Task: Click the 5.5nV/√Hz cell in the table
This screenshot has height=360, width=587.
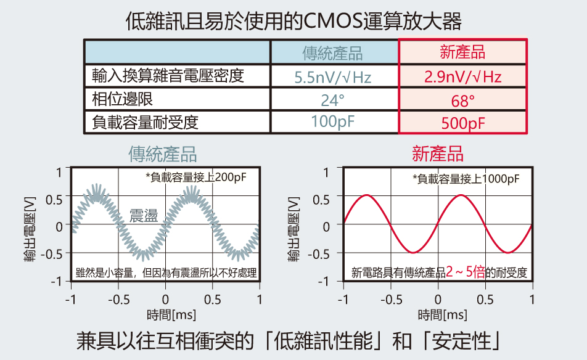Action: click(x=333, y=77)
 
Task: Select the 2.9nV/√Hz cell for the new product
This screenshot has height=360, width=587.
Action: click(x=462, y=77)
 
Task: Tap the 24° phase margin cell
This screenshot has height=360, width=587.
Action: click(x=333, y=100)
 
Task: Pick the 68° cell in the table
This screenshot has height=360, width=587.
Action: click(x=462, y=100)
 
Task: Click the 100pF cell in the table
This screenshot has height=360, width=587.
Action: click(x=333, y=122)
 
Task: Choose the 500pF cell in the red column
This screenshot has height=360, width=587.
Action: click(x=462, y=123)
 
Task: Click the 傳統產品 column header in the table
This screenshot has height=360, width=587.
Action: click(x=333, y=53)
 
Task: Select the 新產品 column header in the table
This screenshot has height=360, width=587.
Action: click(x=462, y=52)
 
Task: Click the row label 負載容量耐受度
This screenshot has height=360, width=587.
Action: click(x=146, y=122)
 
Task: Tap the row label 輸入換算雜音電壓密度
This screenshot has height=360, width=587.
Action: click(x=168, y=76)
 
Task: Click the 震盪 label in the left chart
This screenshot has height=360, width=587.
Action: click(x=144, y=216)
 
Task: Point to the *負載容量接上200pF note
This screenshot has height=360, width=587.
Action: click(x=195, y=178)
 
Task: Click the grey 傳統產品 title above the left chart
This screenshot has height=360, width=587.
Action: click(x=163, y=153)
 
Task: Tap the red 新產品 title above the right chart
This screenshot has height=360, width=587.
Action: click(x=438, y=153)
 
